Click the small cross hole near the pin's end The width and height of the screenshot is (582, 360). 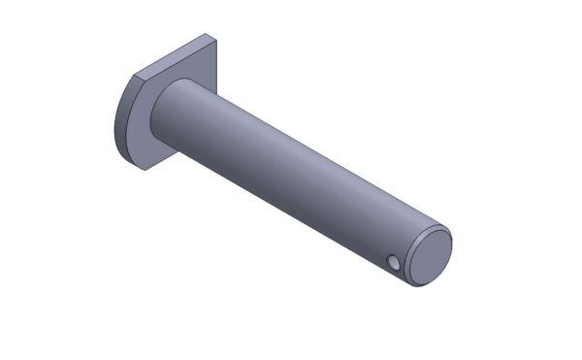click(393, 263)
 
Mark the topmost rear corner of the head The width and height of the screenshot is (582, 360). click(208, 35)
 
